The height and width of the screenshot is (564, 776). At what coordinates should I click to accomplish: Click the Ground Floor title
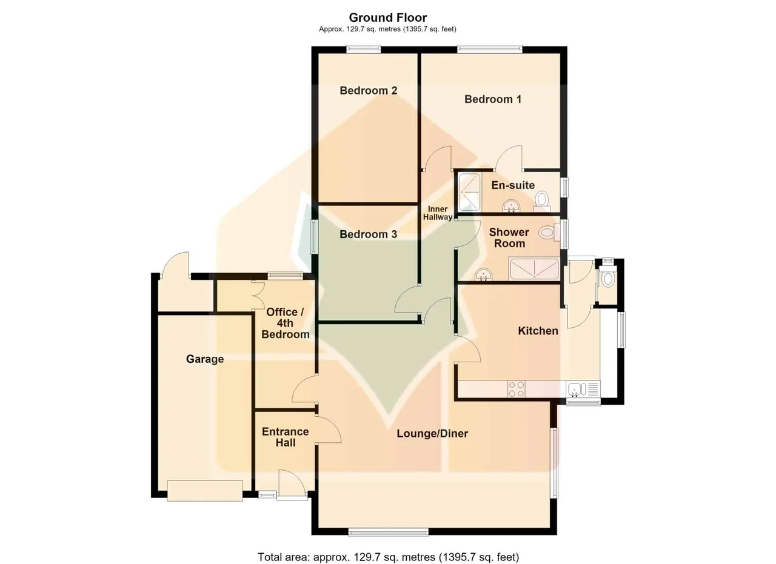[387, 18]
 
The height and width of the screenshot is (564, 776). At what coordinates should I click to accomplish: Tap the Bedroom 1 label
[493, 99]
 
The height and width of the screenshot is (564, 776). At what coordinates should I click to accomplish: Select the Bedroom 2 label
[368, 91]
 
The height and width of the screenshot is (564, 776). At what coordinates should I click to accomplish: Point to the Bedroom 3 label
[368, 234]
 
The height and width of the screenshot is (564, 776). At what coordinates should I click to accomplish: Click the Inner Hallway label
[438, 213]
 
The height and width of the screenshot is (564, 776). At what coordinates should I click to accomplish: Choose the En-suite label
[513, 185]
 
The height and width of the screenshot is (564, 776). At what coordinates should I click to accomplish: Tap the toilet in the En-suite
[542, 202]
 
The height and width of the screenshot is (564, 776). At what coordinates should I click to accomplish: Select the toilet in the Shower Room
[550, 232]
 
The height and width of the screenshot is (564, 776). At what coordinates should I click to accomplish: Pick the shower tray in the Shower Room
[534, 269]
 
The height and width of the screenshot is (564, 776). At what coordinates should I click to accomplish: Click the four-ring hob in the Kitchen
[516, 389]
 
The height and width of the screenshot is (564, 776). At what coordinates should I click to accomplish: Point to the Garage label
[205, 359]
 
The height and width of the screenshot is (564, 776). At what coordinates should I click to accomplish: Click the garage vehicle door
[205, 491]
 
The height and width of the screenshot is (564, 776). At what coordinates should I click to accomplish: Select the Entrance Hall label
[286, 437]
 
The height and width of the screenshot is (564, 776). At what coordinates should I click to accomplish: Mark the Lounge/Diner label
[432, 434]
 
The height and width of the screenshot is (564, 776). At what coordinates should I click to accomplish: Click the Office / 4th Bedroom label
[286, 323]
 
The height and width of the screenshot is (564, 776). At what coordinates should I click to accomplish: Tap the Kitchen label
[538, 331]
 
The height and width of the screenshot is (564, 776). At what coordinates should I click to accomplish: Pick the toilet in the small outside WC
[608, 278]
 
